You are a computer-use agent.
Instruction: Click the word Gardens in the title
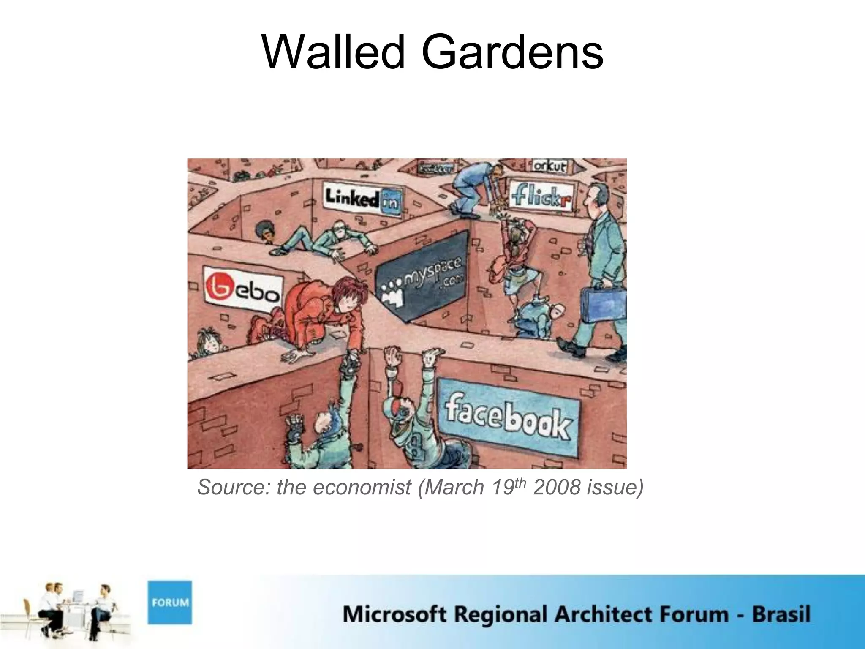click(x=512, y=53)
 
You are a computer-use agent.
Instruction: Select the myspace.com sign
click(x=421, y=276)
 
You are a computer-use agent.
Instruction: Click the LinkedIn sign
click(x=362, y=198)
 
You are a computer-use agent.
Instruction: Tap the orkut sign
click(x=549, y=166)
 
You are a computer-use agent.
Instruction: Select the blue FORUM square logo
click(x=169, y=602)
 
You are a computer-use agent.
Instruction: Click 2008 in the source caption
click(x=557, y=487)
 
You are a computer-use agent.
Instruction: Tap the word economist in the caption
click(x=362, y=487)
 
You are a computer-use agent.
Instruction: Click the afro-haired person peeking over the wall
click(x=265, y=232)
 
